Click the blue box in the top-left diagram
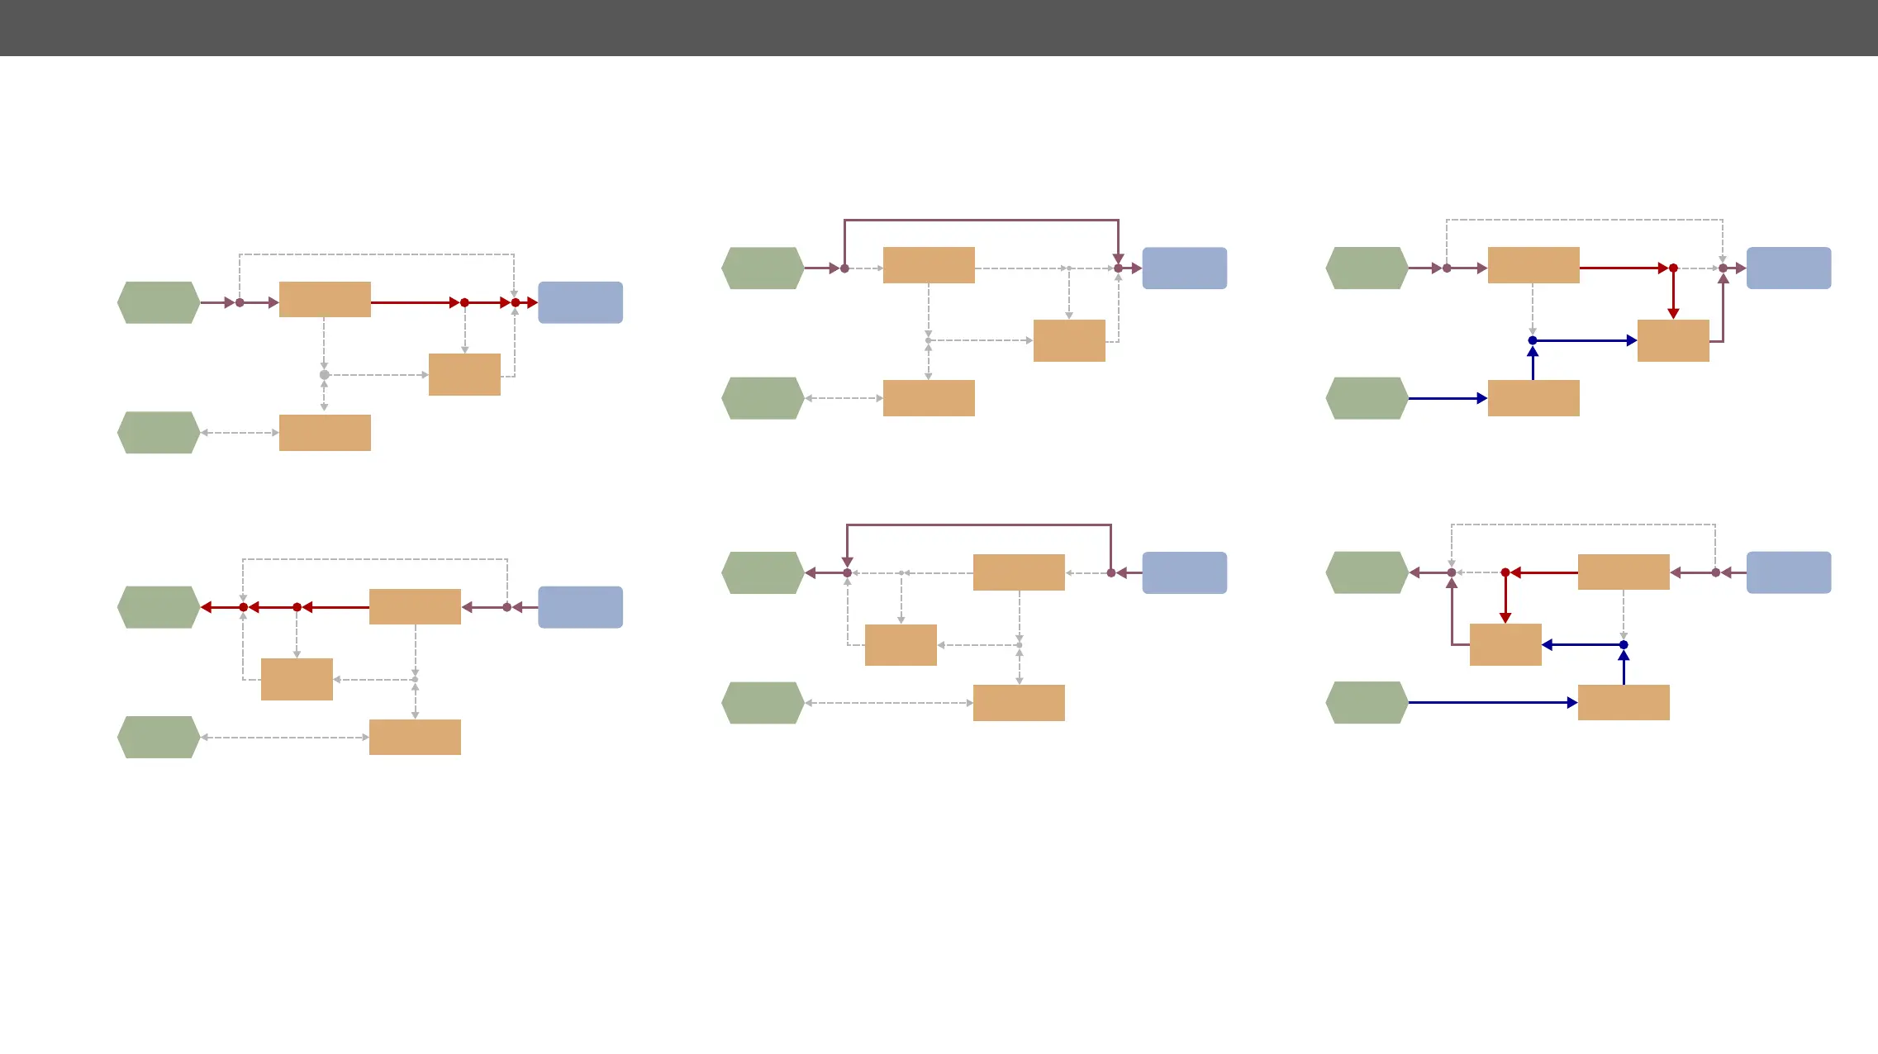(580, 302)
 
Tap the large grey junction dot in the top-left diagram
(325, 375)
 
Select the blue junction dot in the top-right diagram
(1533, 340)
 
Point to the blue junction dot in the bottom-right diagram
(1624, 645)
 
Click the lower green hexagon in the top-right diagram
(1367, 398)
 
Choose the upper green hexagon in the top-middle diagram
(763, 268)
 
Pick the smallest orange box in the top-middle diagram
(1069, 340)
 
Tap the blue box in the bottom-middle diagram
(1184, 572)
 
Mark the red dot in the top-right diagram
(1673, 268)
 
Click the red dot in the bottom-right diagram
(1505, 572)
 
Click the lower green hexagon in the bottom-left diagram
(159, 737)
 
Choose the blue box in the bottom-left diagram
(580, 607)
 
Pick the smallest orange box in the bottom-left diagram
(297, 679)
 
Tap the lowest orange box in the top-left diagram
(325, 433)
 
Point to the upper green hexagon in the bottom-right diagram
(1367, 572)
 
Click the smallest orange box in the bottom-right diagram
(1505, 645)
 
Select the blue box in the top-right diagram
(1788, 268)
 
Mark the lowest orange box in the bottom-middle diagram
(1019, 703)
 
